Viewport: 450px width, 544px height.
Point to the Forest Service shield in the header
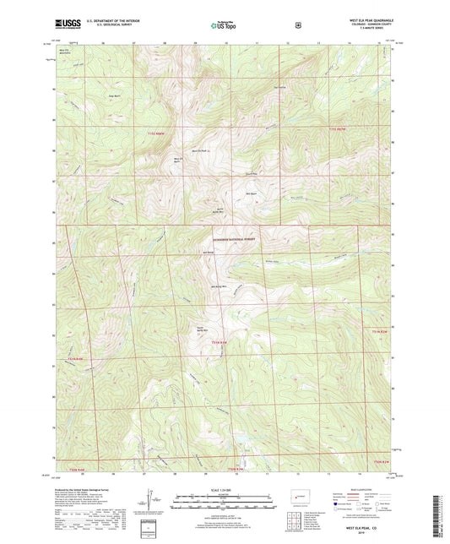pos(297,26)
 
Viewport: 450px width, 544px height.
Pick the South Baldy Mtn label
pos(203,329)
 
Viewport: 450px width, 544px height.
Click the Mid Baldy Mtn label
pos(216,285)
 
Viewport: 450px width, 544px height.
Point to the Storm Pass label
pos(250,173)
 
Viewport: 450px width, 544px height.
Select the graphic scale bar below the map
pos(225,499)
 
